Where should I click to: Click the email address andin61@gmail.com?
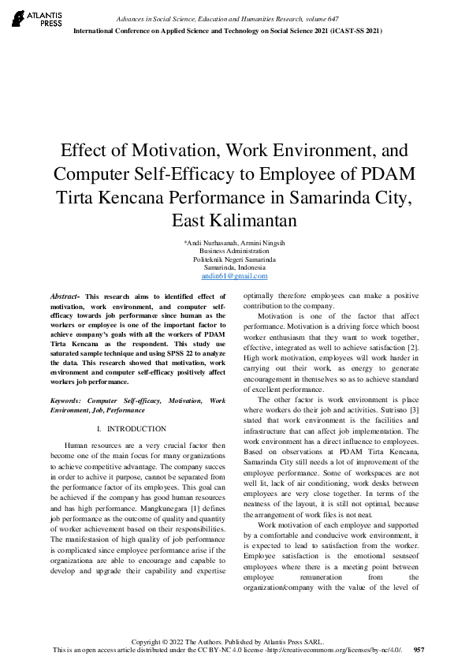(234, 276)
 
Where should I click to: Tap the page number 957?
(419, 650)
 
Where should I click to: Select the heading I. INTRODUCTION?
(130, 429)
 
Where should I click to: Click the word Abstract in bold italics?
(63, 295)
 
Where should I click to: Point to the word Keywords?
(65, 401)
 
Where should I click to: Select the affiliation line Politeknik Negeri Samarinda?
(234, 259)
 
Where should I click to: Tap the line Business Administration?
(234, 250)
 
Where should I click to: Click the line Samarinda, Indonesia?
(234, 267)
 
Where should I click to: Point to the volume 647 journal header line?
(228, 17)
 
